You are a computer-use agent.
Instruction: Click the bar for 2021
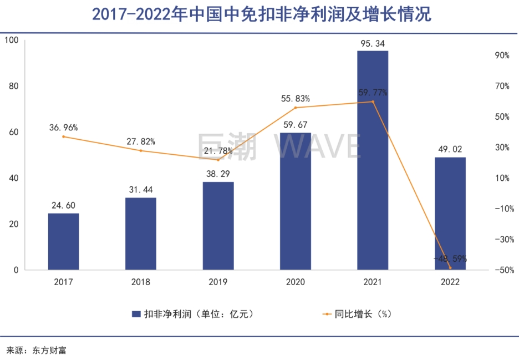[373, 160]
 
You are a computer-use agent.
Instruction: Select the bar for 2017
[63, 241]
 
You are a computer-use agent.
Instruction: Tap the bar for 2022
[450, 214]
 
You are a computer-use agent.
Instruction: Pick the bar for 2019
[218, 226]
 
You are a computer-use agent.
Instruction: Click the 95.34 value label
[373, 43]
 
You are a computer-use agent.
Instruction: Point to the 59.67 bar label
[295, 125]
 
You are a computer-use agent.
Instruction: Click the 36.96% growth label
[63, 128]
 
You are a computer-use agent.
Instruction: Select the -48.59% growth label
[450, 258]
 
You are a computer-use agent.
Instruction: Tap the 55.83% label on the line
[295, 98]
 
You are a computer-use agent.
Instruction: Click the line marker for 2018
[141, 150]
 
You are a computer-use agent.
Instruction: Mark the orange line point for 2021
[373, 102]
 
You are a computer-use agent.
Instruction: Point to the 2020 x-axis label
[295, 282]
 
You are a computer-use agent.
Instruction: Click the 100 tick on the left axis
[12, 40]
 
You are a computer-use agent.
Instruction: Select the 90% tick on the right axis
[502, 55]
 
